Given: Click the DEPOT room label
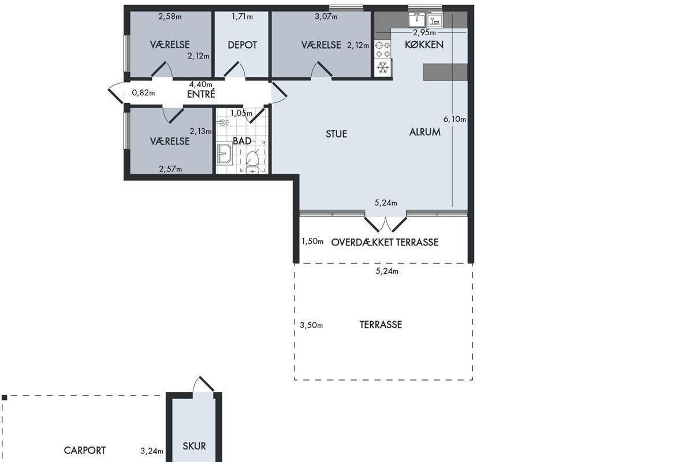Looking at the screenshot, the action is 242,45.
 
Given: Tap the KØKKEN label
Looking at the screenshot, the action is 424,44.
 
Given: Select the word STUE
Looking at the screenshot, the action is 336,134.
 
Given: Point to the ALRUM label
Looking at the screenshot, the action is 425,132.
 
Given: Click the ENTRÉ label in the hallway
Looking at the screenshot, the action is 201,94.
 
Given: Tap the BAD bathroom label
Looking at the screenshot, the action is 242,141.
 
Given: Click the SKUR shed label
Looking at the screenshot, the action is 194,446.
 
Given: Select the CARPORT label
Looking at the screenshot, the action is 85,450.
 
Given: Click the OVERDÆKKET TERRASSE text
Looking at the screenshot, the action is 385,243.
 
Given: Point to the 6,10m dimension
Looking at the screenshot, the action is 455,119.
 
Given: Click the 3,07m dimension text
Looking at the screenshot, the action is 326,16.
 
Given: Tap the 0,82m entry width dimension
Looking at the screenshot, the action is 143,92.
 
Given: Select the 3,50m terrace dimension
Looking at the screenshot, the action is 311,325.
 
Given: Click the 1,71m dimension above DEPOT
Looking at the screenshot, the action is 242,16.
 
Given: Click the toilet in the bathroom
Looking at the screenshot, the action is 252,162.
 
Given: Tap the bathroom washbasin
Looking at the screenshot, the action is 224,153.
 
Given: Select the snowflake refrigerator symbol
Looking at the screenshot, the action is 383,68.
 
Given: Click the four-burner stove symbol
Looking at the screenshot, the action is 383,50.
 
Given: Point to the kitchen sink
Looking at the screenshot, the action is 417,20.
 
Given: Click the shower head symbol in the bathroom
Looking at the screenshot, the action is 223,123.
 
